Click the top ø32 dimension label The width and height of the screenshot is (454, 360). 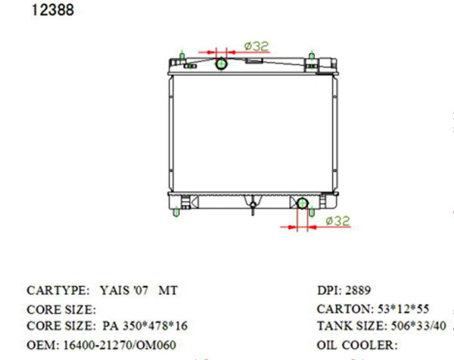(x=257, y=46)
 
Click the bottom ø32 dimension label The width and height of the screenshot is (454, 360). (x=337, y=221)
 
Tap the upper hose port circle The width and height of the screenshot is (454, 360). (x=222, y=64)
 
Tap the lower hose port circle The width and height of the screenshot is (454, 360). (x=303, y=203)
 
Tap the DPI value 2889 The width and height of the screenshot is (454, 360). (x=358, y=290)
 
